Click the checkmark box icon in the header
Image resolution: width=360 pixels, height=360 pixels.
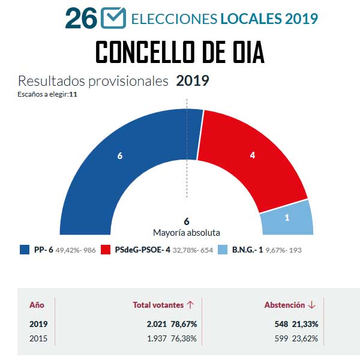pyautogui.click(x=113, y=18)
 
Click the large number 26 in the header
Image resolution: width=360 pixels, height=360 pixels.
pyautogui.click(x=81, y=19)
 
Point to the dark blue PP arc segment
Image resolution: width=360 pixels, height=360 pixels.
pyautogui.click(x=120, y=156)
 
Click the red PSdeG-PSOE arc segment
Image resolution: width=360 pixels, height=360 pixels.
pyautogui.click(x=252, y=155)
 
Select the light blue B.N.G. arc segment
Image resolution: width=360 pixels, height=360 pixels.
pyautogui.click(x=287, y=217)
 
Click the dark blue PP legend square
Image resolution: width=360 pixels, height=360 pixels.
pyautogui.click(x=25, y=250)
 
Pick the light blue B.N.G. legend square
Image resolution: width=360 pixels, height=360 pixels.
pyautogui.click(x=222, y=250)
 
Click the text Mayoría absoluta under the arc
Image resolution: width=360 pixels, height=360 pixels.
pyautogui.click(x=187, y=232)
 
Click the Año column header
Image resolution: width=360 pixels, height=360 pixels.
pyautogui.click(x=37, y=305)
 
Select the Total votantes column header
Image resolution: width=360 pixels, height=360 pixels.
pyautogui.click(x=158, y=305)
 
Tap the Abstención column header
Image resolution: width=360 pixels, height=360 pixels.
pyautogui.click(x=285, y=305)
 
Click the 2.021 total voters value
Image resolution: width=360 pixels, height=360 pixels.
pyautogui.click(x=158, y=324)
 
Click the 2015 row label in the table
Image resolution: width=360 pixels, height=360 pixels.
pyautogui.click(x=38, y=338)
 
